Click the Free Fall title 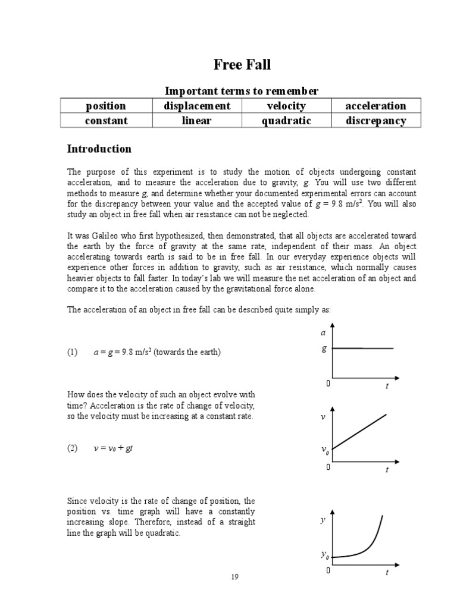click(x=242, y=64)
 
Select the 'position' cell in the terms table click(x=106, y=106)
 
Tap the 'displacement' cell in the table click(x=196, y=106)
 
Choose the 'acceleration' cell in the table click(x=375, y=106)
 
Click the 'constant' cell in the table click(x=106, y=121)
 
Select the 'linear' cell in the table click(x=196, y=121)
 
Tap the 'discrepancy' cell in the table click(x=375, y=121)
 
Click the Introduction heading click(x=99, y=149)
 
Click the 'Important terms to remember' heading click(x=241, y=91)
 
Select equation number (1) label click(x=73, y=352)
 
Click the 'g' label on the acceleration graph click(x=324, y=349)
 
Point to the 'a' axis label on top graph click(x=324, y=334)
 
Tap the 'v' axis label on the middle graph click(x=323, y=417)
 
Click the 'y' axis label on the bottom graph click(x=323, y=520)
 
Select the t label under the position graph click(x=387, y=573)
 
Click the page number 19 click(x=234, y=576)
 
